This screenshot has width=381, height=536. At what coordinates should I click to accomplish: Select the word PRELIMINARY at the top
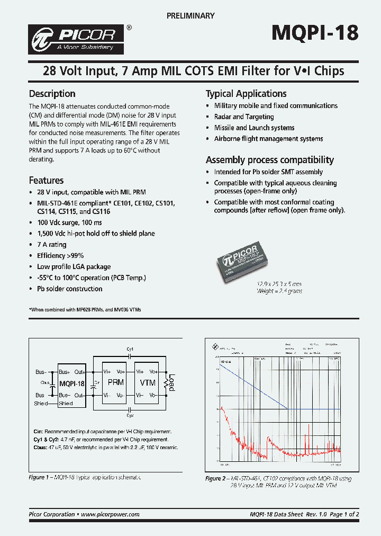pos(190,16)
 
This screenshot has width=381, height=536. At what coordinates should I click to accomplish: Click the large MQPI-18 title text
pos(315,33)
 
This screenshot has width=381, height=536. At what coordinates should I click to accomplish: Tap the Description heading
pos(52,94)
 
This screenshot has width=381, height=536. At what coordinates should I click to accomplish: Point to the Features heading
pos(46,180)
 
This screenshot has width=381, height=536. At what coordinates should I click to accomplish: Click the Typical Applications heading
pos(246,94)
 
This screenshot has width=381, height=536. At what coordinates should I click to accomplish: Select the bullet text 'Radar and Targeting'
pos(244,117)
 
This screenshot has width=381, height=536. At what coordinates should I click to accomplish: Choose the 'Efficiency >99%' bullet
pos(60,255)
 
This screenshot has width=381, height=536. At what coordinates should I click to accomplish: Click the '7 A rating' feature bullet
pos(52,244)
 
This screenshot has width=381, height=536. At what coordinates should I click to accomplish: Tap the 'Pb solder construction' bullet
pos(69,289)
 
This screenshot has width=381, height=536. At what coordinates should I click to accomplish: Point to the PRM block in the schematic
pos(115,382)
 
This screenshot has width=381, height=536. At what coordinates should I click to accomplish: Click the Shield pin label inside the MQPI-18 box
pos(66,404)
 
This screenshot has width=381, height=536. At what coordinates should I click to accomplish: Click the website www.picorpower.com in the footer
pos(111,514)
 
